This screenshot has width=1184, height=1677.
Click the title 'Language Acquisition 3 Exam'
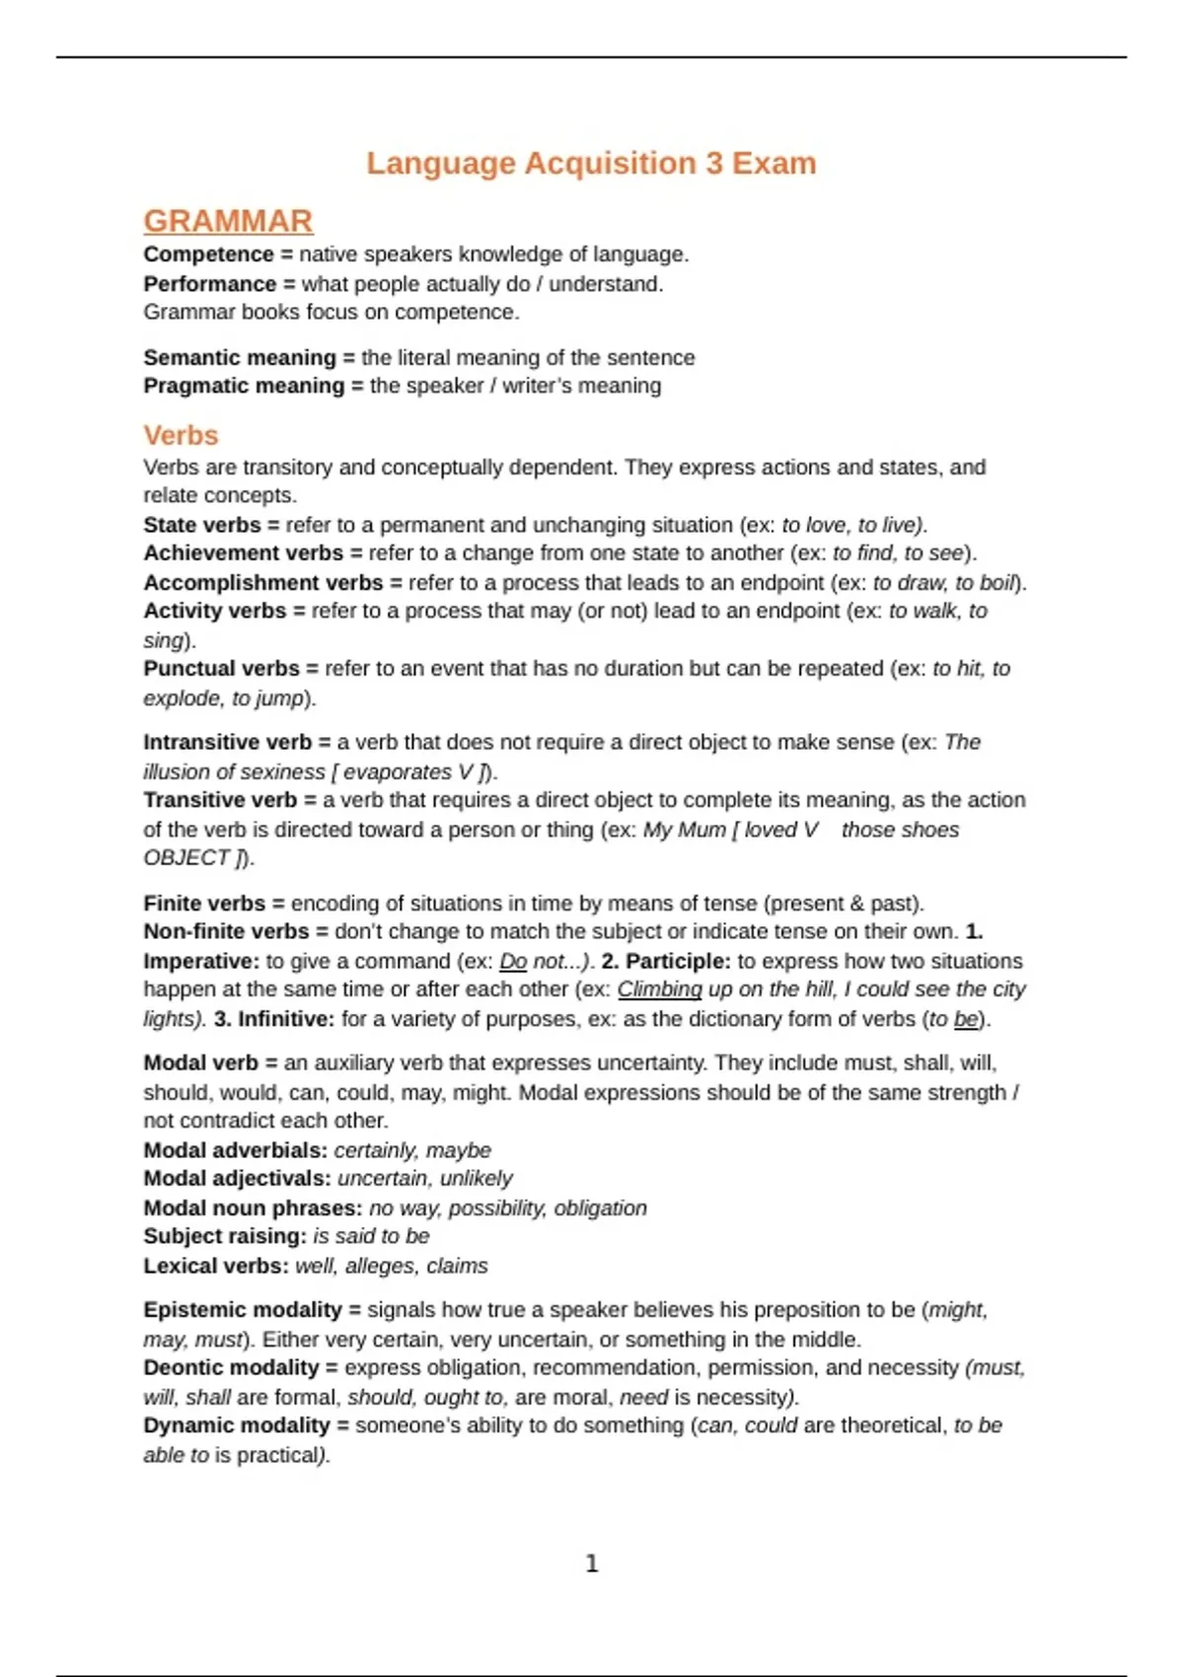(x=591, y=163)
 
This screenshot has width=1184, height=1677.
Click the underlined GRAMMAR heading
(x=228, y=221)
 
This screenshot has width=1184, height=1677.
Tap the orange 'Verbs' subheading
(x=181, y=435)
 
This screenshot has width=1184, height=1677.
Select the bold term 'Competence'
(x=208, y=255)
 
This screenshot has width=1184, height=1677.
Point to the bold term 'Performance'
(x=209, y=284)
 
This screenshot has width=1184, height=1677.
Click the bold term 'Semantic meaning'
(x=240, y=357)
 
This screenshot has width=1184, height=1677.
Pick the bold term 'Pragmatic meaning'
(x=244, y=386)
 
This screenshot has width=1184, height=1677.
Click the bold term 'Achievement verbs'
(x=243, y=553)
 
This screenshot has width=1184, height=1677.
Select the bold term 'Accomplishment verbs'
(x=262, y=583)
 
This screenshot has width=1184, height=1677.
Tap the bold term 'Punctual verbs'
(x=221, y=669)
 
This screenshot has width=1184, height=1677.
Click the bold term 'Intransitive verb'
(x=227, y=742)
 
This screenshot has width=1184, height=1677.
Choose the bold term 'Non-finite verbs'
(x=226, y=931)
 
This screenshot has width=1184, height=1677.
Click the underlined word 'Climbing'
(x=659, y=989)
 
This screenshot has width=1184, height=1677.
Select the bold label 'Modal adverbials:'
(x=235, y=1150)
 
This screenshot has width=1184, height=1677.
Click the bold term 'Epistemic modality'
(x=242, y=1310)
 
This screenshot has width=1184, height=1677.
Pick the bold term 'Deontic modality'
(x=231, y=1368)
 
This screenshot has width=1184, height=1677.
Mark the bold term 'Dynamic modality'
(x=236, y=1425)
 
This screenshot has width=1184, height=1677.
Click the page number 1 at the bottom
(x=592, y=1564)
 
